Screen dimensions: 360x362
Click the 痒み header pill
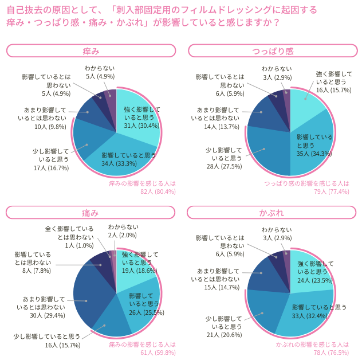click(91, 51)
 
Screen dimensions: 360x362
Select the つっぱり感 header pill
click(273, 51)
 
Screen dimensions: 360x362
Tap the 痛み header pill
click(91, 213)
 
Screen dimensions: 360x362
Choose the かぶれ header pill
click(273, 213)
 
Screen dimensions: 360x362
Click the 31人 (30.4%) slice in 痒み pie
click(139, 115)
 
